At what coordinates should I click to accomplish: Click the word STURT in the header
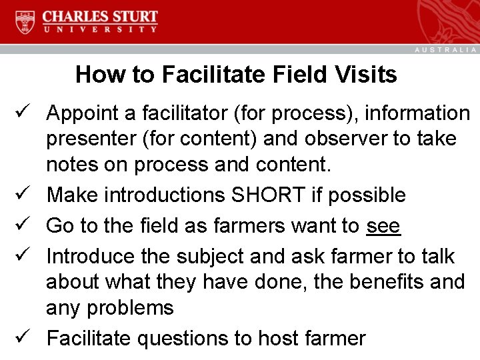point(131,16)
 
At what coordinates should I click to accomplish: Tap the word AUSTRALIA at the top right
point(446,49)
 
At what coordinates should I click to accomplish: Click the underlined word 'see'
point(383,226)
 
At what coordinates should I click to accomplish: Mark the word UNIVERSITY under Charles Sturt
point(100,30)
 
